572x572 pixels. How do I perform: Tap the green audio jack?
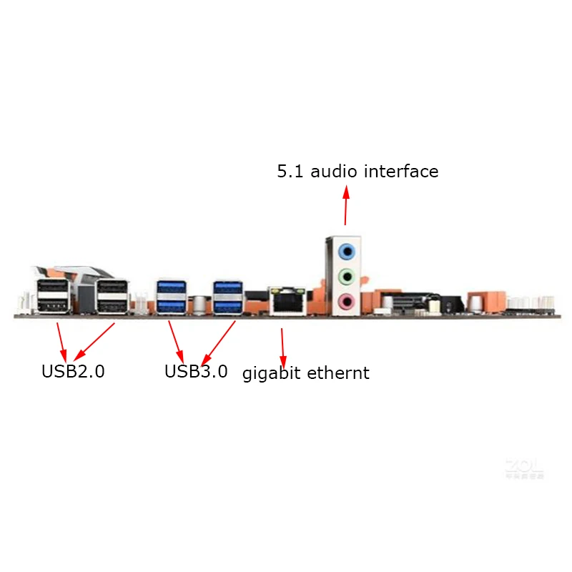(x=347, y=276)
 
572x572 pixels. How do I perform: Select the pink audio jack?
(x=347, y=300)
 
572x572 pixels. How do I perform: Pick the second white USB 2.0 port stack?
(x=112, y=296)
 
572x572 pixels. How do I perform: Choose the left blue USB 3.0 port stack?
(x=171, y=297)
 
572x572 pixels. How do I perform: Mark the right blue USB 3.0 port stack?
(x=228, y=297)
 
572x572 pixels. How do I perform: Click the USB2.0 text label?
(x=73, y=372)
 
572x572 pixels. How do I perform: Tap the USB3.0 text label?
(x=196, y=372)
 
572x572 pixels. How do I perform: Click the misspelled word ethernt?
(x=339, y=373)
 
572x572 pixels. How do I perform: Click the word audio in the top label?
(x=335, y=172)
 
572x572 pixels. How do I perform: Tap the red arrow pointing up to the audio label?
(x=346, y=206)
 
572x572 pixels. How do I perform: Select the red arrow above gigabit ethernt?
(x=283, y=346)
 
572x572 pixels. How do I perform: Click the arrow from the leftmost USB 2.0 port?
(x=62, y=341)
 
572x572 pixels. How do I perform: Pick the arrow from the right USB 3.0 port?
(x=220, y=343)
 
